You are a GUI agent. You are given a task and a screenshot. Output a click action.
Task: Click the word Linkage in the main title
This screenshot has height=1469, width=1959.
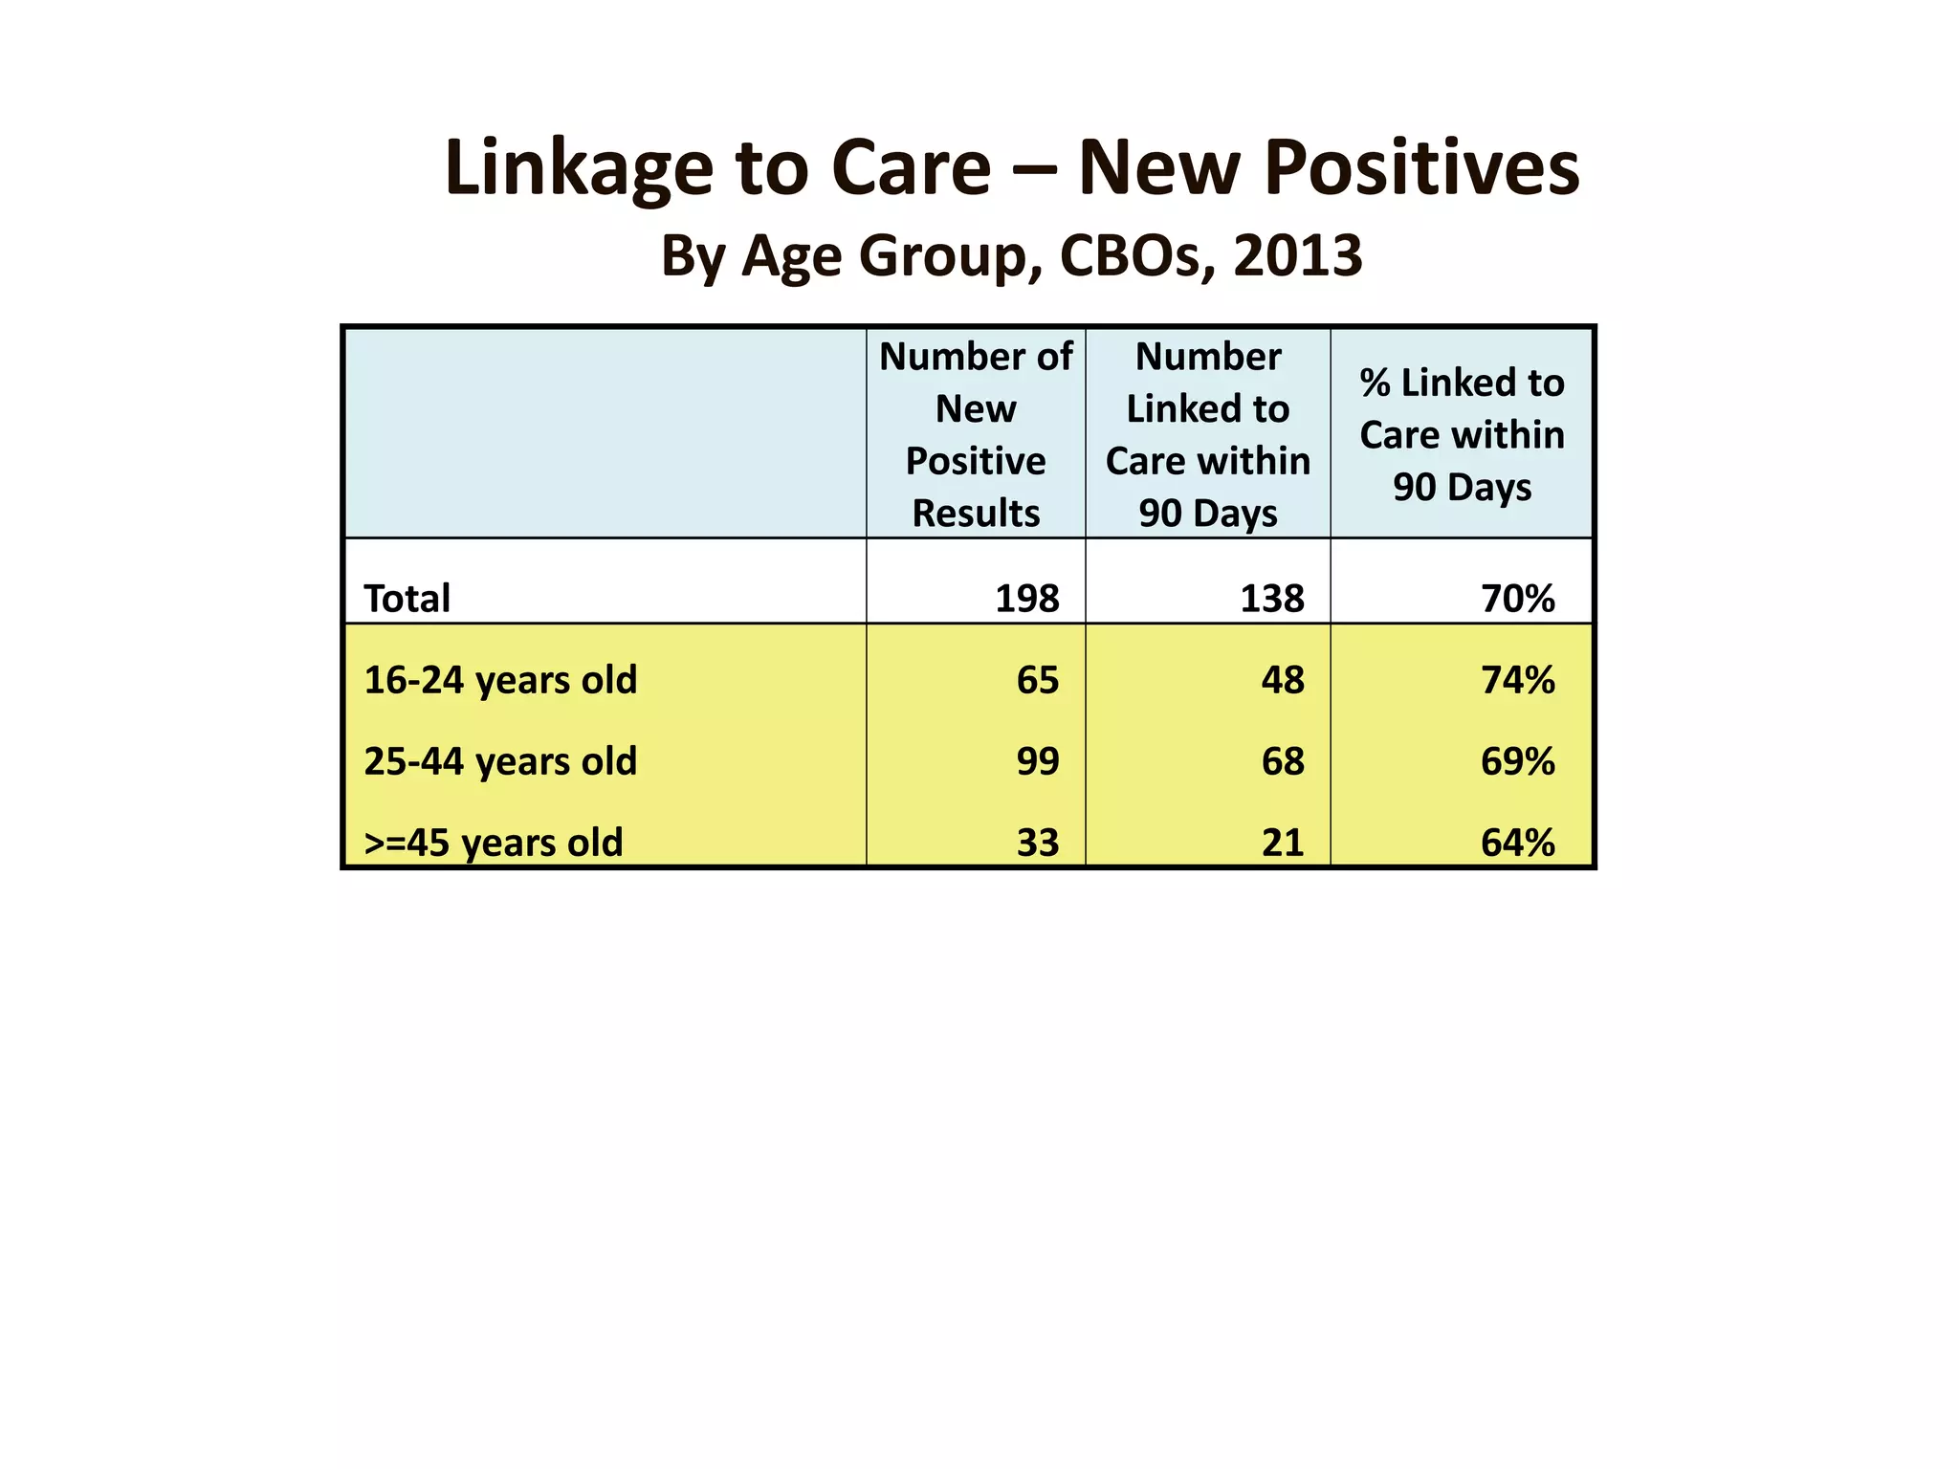(x=578, y=169)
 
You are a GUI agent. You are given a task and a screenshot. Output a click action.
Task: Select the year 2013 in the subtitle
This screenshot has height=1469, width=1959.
(x=1297, y=256)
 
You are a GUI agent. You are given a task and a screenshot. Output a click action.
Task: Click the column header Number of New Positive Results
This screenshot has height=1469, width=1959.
(x=975, y=434)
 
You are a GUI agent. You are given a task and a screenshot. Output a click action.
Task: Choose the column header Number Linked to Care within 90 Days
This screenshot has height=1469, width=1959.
(x=1207, y=434)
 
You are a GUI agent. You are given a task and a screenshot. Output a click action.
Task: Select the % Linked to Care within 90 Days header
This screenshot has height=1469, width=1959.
(x=1461, y=434)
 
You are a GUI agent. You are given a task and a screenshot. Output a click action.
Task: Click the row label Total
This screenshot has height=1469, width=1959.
(x=407, y=599)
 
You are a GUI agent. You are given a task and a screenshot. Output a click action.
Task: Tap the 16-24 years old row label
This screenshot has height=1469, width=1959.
(x=500, y=680)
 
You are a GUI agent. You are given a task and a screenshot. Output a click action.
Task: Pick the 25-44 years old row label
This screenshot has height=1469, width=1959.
(x=500, y=761)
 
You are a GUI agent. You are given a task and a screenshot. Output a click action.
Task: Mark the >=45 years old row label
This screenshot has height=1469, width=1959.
(x=494, y=843)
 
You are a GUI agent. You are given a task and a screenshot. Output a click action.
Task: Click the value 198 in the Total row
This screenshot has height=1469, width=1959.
(x=1026, y=599)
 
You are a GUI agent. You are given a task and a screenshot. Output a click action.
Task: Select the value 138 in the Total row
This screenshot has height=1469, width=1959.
(x=1271, y=599)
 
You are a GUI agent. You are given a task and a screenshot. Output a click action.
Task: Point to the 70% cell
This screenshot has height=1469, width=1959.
(x=1517, y=599)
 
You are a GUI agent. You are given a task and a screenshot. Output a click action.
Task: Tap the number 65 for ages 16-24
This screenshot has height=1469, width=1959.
(x=1037, y=680)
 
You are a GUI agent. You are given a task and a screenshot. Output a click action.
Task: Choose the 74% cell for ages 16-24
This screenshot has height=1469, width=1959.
(x=1517, y=680)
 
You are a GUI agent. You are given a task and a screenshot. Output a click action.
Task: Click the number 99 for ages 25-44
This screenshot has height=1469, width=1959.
(x=1037, y=761)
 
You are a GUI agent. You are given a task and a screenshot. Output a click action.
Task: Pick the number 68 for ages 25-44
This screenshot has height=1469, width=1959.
(x=1282, y=761)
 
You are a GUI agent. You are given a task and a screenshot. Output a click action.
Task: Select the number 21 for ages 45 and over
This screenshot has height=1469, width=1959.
(x=1282, y=843)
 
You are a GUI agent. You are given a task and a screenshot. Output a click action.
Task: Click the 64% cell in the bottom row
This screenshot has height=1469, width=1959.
(x=1517, y=843)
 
